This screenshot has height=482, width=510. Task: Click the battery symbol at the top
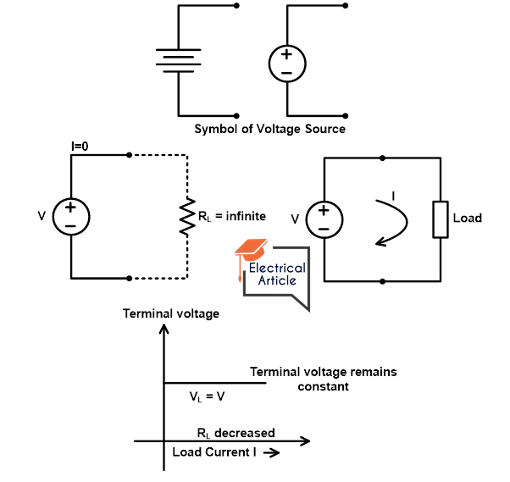177,59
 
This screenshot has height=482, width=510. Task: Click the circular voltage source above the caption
286,64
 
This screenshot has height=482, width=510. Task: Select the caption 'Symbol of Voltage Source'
269,130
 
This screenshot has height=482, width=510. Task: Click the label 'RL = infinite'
231,217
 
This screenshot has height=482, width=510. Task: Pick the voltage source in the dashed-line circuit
70,217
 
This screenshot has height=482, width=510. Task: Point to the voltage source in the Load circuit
323,218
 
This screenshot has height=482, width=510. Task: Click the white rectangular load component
440,219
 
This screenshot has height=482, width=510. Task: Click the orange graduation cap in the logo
251,248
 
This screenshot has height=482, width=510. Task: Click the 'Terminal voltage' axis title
171,313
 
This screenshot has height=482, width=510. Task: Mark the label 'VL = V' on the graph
206,396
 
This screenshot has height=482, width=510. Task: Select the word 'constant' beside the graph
323,386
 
